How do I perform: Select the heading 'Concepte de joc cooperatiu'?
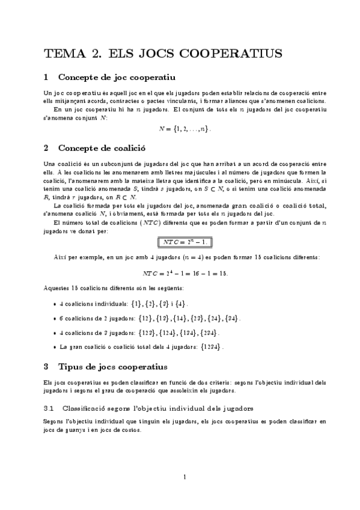pos(117,77)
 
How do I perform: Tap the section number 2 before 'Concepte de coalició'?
pos(46,147)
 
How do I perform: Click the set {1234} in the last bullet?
pos(214,347)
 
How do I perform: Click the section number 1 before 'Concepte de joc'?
pos(46,77)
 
